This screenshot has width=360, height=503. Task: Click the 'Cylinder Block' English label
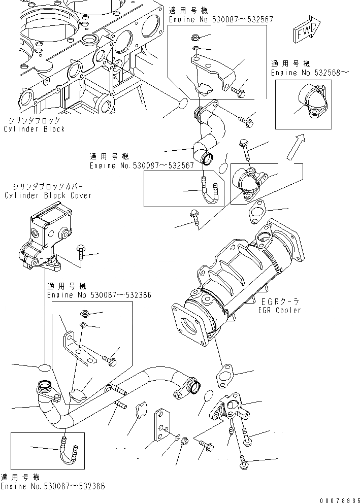34,129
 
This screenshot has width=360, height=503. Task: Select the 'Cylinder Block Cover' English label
48,195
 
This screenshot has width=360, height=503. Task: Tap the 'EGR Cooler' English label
279,310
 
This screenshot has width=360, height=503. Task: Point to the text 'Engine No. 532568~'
310,73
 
